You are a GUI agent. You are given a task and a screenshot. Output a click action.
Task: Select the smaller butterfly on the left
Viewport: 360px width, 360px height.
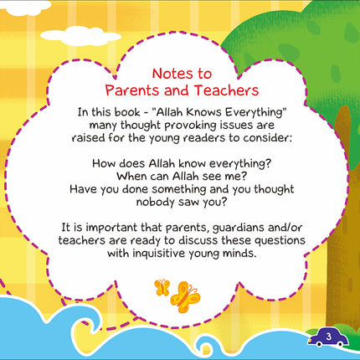162,288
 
